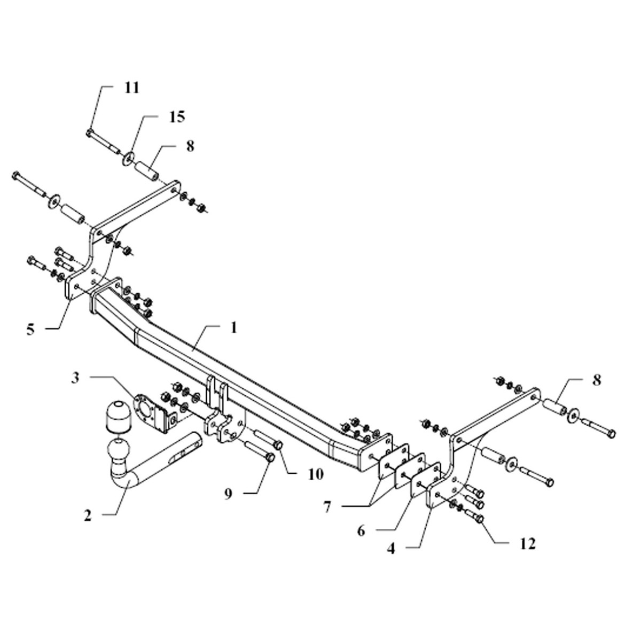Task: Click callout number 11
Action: [x=131, y=89]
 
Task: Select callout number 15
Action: [x=177, y=117]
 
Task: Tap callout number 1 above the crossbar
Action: [x=233, y=327]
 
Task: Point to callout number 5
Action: [x=30, y=330]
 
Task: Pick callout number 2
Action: [x=88, y=516]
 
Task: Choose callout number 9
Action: [x=228, y=494]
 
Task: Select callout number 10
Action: [x=316, y=474]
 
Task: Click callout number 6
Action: [x=361, y=531]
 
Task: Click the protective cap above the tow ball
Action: [x=118, y=418]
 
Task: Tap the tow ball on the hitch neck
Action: [x=119, y=449]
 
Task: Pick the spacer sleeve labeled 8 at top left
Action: [x=147, y=170]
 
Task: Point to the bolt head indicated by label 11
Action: [x=89, y=132]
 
